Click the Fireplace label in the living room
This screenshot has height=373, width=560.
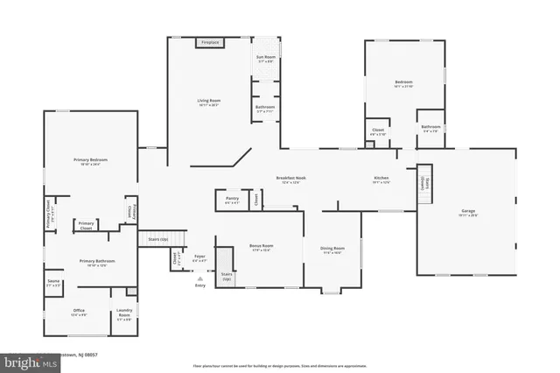point(209,42)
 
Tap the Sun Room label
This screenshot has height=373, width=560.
point(265,59)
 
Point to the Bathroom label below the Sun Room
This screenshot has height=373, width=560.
point(265,109)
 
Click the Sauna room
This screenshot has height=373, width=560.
point(53,283)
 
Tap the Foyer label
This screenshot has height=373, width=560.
point(200,257)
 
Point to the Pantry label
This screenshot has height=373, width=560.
point(232,200)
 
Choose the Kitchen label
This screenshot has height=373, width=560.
point(381,179)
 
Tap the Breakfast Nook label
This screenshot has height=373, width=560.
point(291,179)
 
